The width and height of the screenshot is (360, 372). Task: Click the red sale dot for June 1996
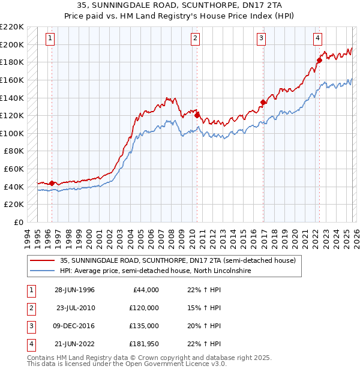(x=52, y=183)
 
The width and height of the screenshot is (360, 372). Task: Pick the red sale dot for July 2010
(x=197, y=115)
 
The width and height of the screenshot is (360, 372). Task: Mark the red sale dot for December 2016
(x=263, y=102)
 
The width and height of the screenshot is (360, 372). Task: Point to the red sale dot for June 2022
(x=320, y=60)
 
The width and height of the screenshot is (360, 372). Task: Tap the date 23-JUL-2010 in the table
(x=76, y=308)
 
